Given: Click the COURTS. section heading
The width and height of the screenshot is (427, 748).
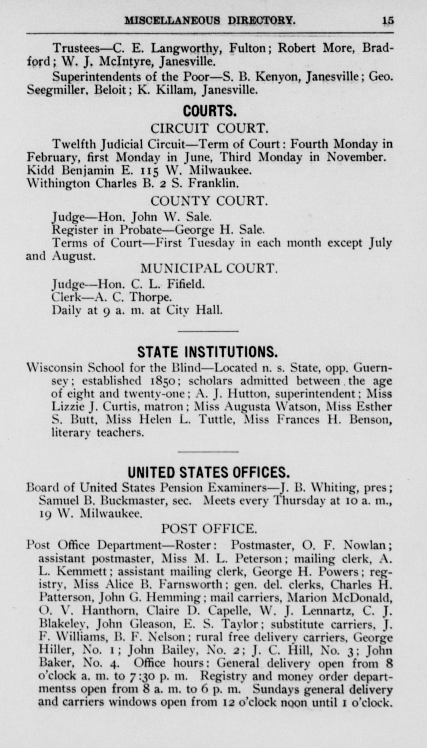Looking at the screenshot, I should [210, 111].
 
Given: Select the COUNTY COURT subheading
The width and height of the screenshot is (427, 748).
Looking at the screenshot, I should [209, 201].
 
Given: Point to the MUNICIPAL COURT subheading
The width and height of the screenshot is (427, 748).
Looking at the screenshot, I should [209, 269].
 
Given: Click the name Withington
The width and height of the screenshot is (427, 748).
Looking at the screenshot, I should [59, 183].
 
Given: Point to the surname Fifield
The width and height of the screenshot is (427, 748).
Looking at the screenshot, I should [186, 284].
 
